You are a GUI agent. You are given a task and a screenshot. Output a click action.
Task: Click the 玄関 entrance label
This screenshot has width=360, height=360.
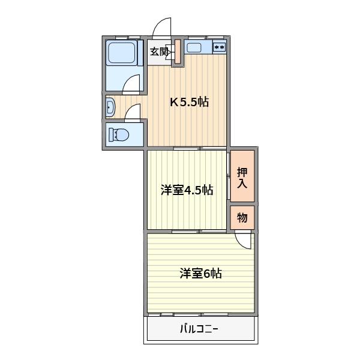point(159,52)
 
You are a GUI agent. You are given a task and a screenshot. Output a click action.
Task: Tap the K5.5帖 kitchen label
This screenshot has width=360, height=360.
point(189,102)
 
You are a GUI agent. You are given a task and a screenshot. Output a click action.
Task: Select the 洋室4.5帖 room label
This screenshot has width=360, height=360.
point(187,191)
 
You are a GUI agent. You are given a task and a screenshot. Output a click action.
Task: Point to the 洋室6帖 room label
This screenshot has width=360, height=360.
point(200,274)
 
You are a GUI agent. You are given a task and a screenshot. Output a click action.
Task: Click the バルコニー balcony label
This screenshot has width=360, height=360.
point(199,329)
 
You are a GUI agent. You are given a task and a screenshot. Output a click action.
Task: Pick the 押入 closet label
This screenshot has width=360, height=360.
point(242,177)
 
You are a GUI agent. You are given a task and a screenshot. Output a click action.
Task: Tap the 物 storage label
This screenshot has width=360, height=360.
point(242,218)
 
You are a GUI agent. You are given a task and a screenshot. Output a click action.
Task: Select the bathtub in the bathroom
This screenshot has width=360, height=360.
point(122,53)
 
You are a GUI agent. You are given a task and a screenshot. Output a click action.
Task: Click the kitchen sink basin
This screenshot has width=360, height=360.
point(194,47)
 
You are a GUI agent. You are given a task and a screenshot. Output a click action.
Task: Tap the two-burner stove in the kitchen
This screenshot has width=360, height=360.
point(219,47)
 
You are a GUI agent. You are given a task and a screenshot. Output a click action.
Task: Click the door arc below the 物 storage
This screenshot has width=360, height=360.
point(244,240)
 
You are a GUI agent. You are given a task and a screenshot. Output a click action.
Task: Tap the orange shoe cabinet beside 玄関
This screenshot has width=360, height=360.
point(178,52)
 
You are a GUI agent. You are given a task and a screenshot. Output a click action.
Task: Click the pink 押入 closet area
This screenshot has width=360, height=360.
point(242,176)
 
